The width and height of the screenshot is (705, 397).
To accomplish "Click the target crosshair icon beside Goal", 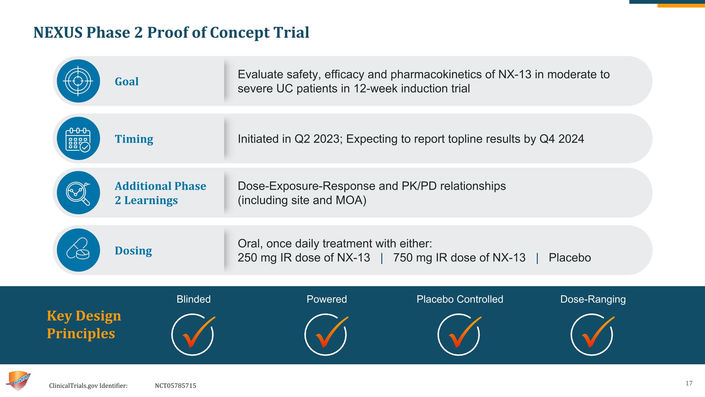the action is pyautogui.click(x=78, y=81).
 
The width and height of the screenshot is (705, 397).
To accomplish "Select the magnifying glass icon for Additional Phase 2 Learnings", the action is pyautogui.click(x=78, y=193).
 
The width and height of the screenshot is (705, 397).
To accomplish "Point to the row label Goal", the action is pyautogui.click(x=127, y=81).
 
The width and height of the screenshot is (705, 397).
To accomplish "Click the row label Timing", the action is pyautogui.click(x=134, y=139).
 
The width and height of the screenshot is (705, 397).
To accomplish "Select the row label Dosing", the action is pyautogui.click(x=133, y=251).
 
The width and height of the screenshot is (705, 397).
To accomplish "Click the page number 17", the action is pyautogui.click(x=689, y=383).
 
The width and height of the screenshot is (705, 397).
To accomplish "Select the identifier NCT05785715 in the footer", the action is pyautogui.click(x=176, y=386).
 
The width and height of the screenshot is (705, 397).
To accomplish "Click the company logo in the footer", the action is pyautogui.click(x=18, y=381).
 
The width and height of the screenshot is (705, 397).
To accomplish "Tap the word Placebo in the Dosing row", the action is pyautogui.click(x=570, y=257).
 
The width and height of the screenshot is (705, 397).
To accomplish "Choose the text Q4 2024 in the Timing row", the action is pyautogui.click(x=562, y=139).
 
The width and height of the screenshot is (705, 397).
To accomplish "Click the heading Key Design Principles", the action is pyautogui.click(x=84, y=325).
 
